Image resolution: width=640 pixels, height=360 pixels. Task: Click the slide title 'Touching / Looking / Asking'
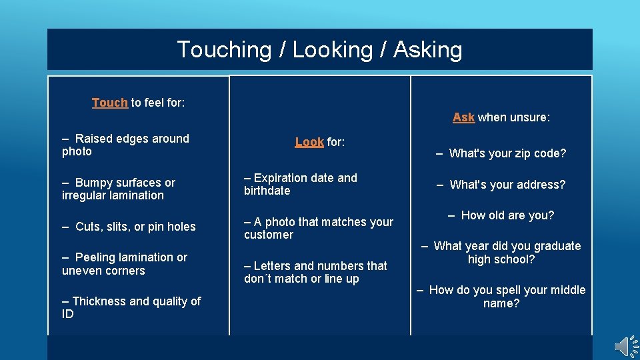click(x=319, y=49)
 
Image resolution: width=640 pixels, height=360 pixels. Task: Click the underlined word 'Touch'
click(x=109, y=103)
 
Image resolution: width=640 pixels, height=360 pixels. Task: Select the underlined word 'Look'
click(x=309, y=142)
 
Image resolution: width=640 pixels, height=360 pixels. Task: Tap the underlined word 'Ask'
click(x=463, y=117)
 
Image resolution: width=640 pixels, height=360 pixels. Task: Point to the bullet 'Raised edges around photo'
click(x=126, y=145)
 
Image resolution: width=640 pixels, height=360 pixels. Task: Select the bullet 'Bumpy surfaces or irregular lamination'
click(x=119, y=189)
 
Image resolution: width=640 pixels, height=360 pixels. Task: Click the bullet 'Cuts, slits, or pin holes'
click(x=129, y=227)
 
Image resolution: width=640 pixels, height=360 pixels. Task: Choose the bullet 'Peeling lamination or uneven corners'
click(x=125, y=264)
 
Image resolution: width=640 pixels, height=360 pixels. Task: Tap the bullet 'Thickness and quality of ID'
click(x=131, y=307)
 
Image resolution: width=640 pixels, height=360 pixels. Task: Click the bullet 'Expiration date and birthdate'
click(x=301, y=184)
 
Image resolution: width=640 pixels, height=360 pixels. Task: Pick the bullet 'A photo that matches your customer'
click(x=319, y=228)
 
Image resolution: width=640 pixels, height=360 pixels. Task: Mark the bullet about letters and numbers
click(x=315, y=272)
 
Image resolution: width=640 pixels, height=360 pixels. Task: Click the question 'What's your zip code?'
click(x=501, y=153)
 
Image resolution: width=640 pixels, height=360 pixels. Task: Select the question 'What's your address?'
click(x=501, y=185)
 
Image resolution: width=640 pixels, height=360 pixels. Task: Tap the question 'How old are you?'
click(x=501, y=215)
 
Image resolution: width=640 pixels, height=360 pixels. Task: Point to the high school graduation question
click(x=501, y=253)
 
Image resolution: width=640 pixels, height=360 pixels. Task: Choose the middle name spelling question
click(x=501, y=297)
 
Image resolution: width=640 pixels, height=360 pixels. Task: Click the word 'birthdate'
click(x=267, y=191)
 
